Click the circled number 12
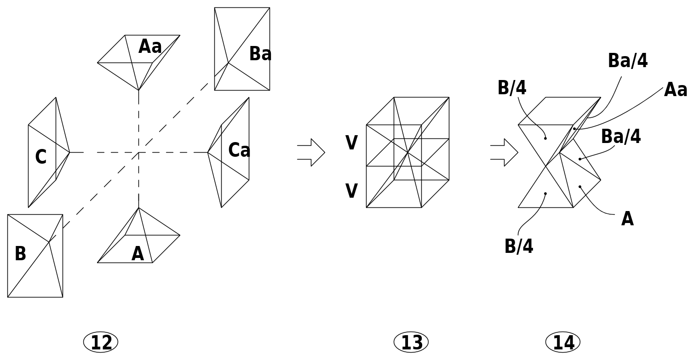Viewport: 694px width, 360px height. click(101, 343)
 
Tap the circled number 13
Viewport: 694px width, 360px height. click(411, 343)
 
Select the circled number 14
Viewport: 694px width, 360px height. click(563, 343)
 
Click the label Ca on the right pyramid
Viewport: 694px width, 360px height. click(239, 150)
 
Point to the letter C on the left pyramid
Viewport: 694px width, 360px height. click(41, 157)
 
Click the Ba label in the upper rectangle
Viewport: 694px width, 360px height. click(260, 54)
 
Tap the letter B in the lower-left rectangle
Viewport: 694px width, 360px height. click(20, 253)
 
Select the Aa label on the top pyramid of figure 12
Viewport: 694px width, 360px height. click(150, 46)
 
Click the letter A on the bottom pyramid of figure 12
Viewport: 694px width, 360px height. click(138, 254)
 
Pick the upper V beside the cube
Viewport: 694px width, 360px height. click(352, 143)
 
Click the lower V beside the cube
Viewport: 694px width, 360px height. click(352, 191)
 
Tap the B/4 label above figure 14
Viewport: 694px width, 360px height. click(512, 88)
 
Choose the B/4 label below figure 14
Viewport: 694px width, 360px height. click(519, 246)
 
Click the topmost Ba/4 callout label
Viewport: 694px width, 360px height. click(628, 60)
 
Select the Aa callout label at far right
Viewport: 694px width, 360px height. click(676, 90)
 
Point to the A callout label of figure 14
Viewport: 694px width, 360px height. click(627, 219)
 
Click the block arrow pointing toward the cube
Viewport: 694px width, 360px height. click(311, 153)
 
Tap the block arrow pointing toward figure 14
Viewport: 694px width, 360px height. click(504, 153)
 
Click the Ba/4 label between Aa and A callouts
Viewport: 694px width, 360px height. click(621, 136)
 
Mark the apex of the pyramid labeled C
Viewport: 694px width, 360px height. click(70, 153)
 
